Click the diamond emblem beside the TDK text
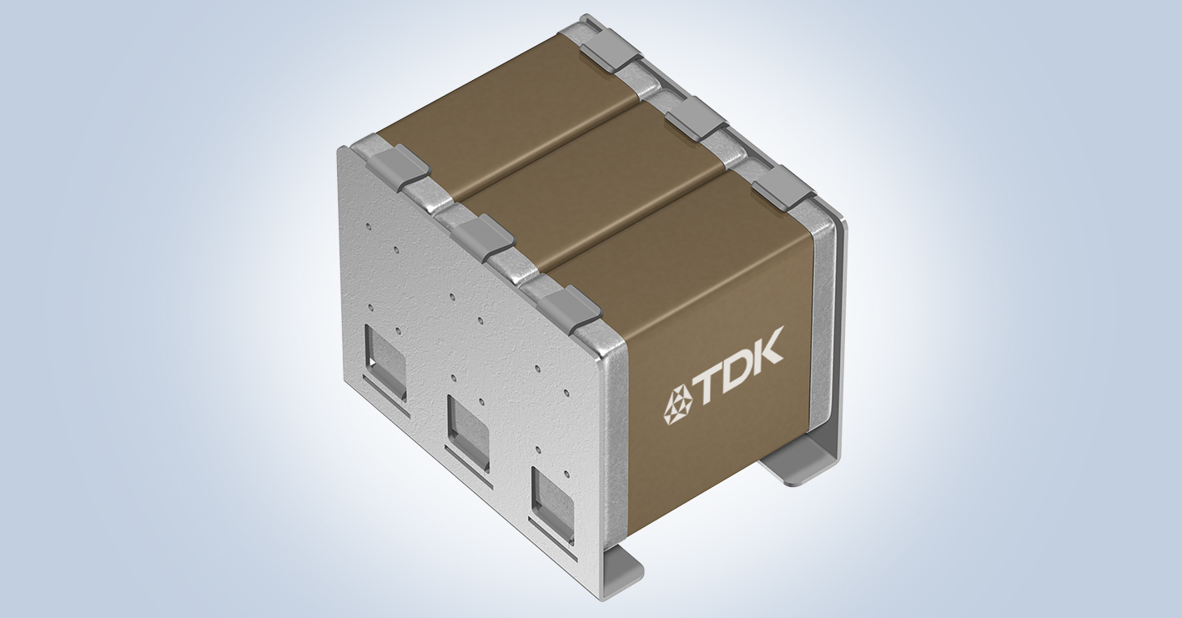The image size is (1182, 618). coord(677,405)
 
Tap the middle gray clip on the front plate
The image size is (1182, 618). coord(485,235)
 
